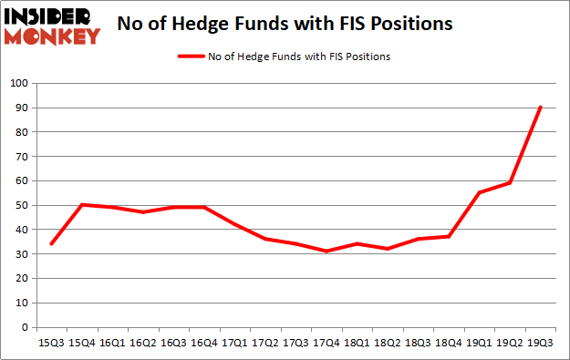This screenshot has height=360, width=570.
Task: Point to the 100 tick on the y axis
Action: pyautogui.click(x=17, y=83)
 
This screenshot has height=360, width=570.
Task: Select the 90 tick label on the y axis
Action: pyautogui.click(x=20, y=108)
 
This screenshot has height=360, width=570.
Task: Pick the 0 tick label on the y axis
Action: pyautogui.click(x=23, y=327)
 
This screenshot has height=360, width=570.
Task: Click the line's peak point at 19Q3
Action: pyautogui.click(x=540, y=108)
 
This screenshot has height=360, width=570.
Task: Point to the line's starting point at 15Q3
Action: pyautogui.click(x=50, y=244)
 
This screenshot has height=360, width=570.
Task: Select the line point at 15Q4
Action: pyautogui.click(x=81, y=205)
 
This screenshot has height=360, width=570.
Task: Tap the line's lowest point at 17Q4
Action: pyautogui.click(x=326, y=252)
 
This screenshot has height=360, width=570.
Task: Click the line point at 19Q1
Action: pyautogui.click(x=479, y=193)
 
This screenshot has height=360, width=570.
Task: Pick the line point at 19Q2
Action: pyautogui.click(x=509, y=183)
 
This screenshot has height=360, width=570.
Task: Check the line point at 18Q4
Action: pyautogui.click(x=448, y=237)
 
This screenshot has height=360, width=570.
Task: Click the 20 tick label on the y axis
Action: pyautogui.click(x=20, y=278)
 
